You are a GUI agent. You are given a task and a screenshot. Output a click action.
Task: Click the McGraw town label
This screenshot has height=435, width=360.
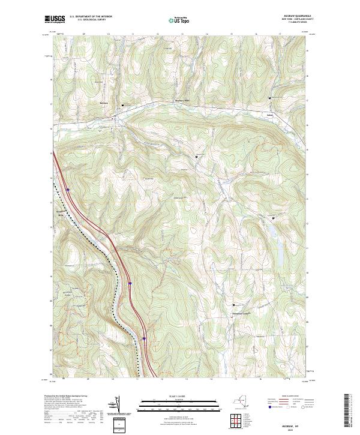coord(103,104)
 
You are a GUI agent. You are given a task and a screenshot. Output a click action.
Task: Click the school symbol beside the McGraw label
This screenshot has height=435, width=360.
coord(124,105)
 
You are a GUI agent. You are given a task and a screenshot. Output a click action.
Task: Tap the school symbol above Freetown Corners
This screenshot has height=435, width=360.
coord(234,305)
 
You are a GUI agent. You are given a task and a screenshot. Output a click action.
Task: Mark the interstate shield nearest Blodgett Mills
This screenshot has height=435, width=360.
coord(68,190)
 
